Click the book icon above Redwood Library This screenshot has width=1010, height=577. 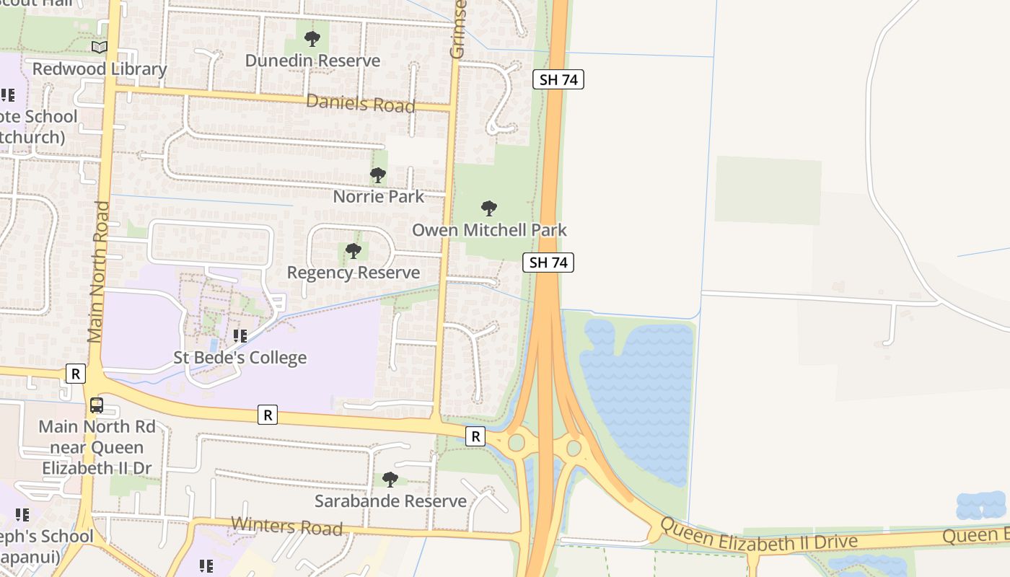(x=100, y=48)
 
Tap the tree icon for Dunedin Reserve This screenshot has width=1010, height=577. (x=312, y=39)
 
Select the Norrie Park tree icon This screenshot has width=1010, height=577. (x=378, y=175)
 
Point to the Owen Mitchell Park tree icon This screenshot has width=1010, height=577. (x=489, y=209)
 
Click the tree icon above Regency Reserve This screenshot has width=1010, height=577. (x=353, y=251)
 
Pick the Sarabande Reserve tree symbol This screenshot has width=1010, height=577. (x=390, y=480)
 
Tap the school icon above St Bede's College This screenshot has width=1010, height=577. (x=240, y=336)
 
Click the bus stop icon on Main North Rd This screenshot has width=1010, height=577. (x=97, y=405)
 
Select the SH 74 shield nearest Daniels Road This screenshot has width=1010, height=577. (x=558, y=79)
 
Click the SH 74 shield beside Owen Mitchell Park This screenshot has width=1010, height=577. (x=548, y=263)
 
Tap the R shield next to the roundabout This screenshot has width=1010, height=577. (x=475, y=436)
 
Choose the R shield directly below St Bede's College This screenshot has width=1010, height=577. (x=268, y=415)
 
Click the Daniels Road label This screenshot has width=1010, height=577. (x=361, y=104)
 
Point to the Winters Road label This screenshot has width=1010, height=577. (x=286, y=527)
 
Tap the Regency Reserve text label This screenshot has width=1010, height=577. (x=353, y=273)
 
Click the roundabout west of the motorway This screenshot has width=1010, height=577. (x=517, y=442)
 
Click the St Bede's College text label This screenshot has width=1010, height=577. (x=240, y=358)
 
